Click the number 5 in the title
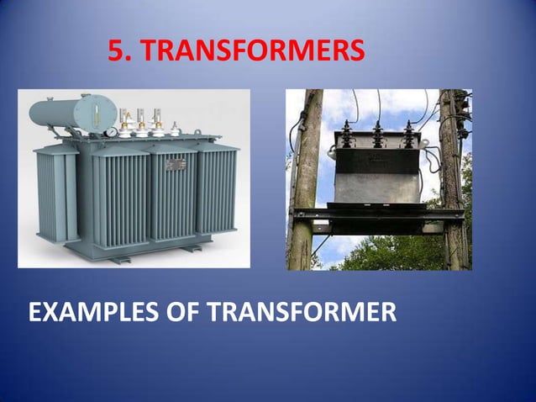pyautogui.click(x=118, y=53)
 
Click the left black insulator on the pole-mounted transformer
pyautogui.click(x=345, y=135)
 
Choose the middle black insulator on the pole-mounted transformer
pyautogui.click(x=378, y=135)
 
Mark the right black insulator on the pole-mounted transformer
pyautogui.click(x=409, y=135)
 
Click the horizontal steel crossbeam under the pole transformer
pyautogui.click(x=377, y=216)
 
